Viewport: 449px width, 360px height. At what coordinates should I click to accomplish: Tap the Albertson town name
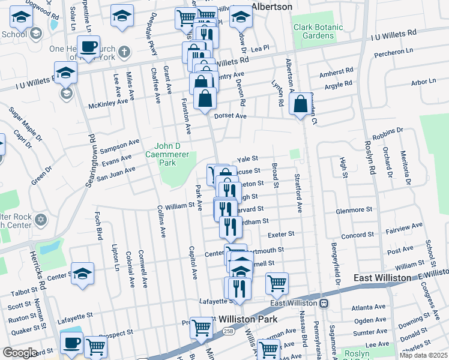click(x=271, y=7)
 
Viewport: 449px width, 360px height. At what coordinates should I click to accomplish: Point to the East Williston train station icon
click(x=324, y=303)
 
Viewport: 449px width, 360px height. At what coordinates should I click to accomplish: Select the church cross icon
click(x=124, y=51)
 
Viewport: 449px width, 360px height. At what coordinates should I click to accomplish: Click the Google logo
click(x=20, y=353)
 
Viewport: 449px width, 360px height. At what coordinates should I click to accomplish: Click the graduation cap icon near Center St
click(x=83, y=272)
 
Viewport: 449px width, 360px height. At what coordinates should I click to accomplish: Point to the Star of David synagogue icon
click(x=41, y=218)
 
